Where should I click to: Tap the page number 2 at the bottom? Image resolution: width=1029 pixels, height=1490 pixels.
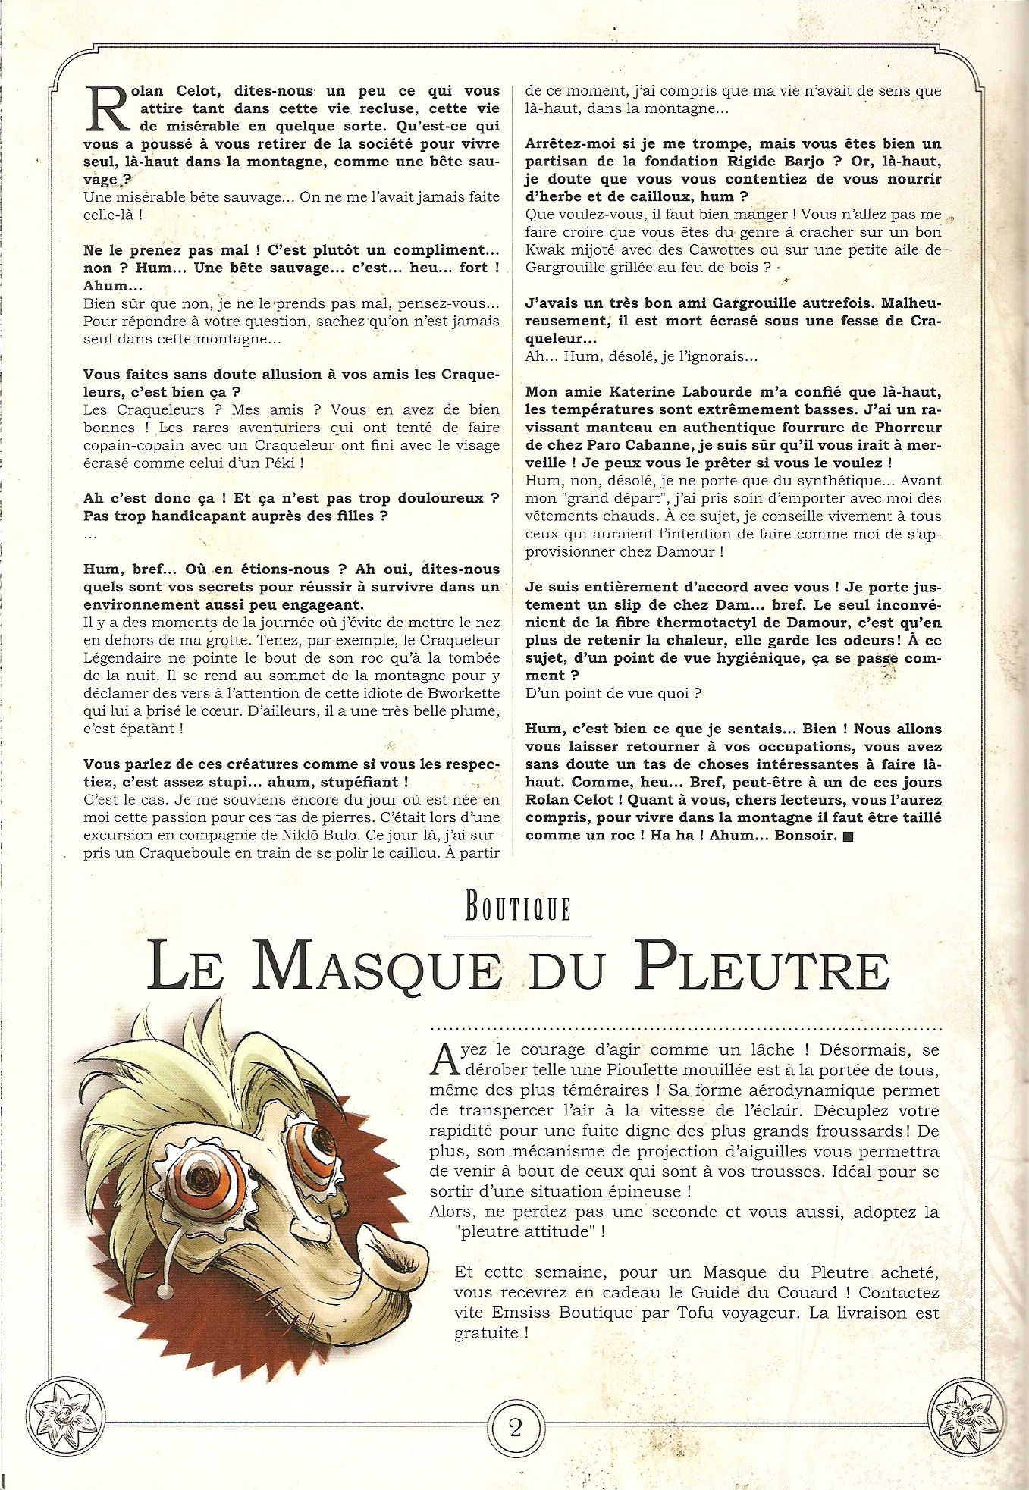click(x=516, y=1428)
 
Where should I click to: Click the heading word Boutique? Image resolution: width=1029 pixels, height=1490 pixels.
click(x=517, y=908)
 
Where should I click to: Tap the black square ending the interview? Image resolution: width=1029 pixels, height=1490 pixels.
click(x=848, y=836)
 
